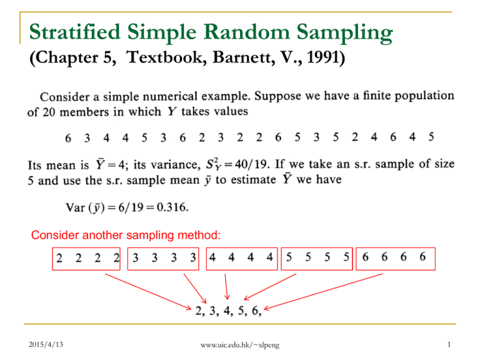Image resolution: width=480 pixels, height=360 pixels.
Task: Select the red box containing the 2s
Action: (x=87, y=258)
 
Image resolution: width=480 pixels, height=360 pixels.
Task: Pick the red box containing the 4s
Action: (x=241, y=258)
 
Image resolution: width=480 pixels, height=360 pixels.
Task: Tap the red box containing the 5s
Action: (x=317, y=258)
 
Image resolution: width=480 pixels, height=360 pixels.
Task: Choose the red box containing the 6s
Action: (x=394, y=258)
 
